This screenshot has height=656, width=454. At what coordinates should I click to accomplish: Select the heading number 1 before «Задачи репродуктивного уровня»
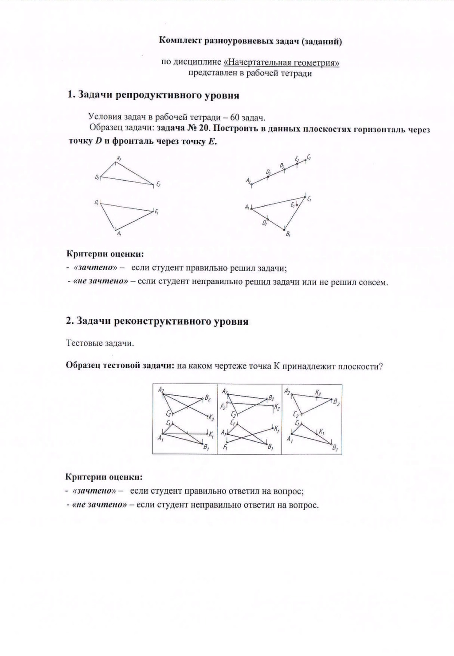70,95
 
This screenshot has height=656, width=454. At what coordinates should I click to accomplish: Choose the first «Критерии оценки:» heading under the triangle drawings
105,254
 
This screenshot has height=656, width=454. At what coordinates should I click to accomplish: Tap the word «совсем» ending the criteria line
373,282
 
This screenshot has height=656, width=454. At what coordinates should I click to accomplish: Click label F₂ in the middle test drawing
223,406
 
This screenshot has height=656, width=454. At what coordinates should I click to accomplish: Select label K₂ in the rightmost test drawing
318,393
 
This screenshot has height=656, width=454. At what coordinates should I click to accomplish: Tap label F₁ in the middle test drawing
225,448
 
